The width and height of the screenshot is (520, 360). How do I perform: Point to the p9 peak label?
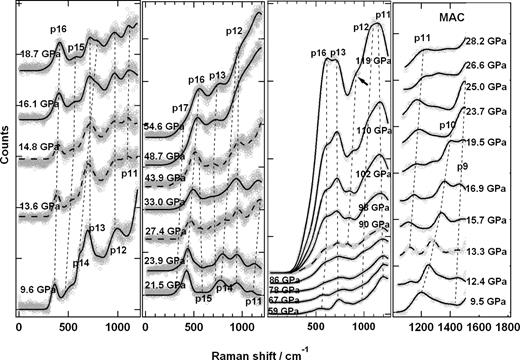[x=461, y=161]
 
